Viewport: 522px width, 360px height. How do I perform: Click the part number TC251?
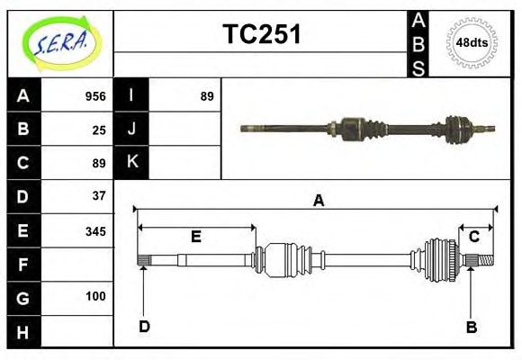[x=261, y=35]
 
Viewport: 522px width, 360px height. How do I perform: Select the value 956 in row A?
[x=95, y=96]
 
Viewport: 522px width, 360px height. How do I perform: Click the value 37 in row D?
[x=99, y=195]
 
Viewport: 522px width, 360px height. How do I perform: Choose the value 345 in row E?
[x=95, y=230]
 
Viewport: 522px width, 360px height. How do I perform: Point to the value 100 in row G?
[x=95, y=296]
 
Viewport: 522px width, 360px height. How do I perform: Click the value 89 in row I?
[x=207, y=96]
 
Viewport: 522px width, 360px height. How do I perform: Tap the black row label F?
[x=23, y=265]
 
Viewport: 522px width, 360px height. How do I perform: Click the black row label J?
[x=132, y=130]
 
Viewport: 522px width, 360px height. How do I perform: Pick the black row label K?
[x=132, y=163]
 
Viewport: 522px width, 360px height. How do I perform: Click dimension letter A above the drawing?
[x=317, y=201]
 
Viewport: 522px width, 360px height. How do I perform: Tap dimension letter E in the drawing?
[x=195, y=237]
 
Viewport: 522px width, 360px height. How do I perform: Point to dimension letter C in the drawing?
[x=473, y=236]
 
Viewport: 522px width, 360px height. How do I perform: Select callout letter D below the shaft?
[x=144, y=326]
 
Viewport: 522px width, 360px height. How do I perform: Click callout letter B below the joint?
[x=471, y=327]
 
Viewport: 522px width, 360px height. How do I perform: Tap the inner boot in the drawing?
[x=286, y=259]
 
